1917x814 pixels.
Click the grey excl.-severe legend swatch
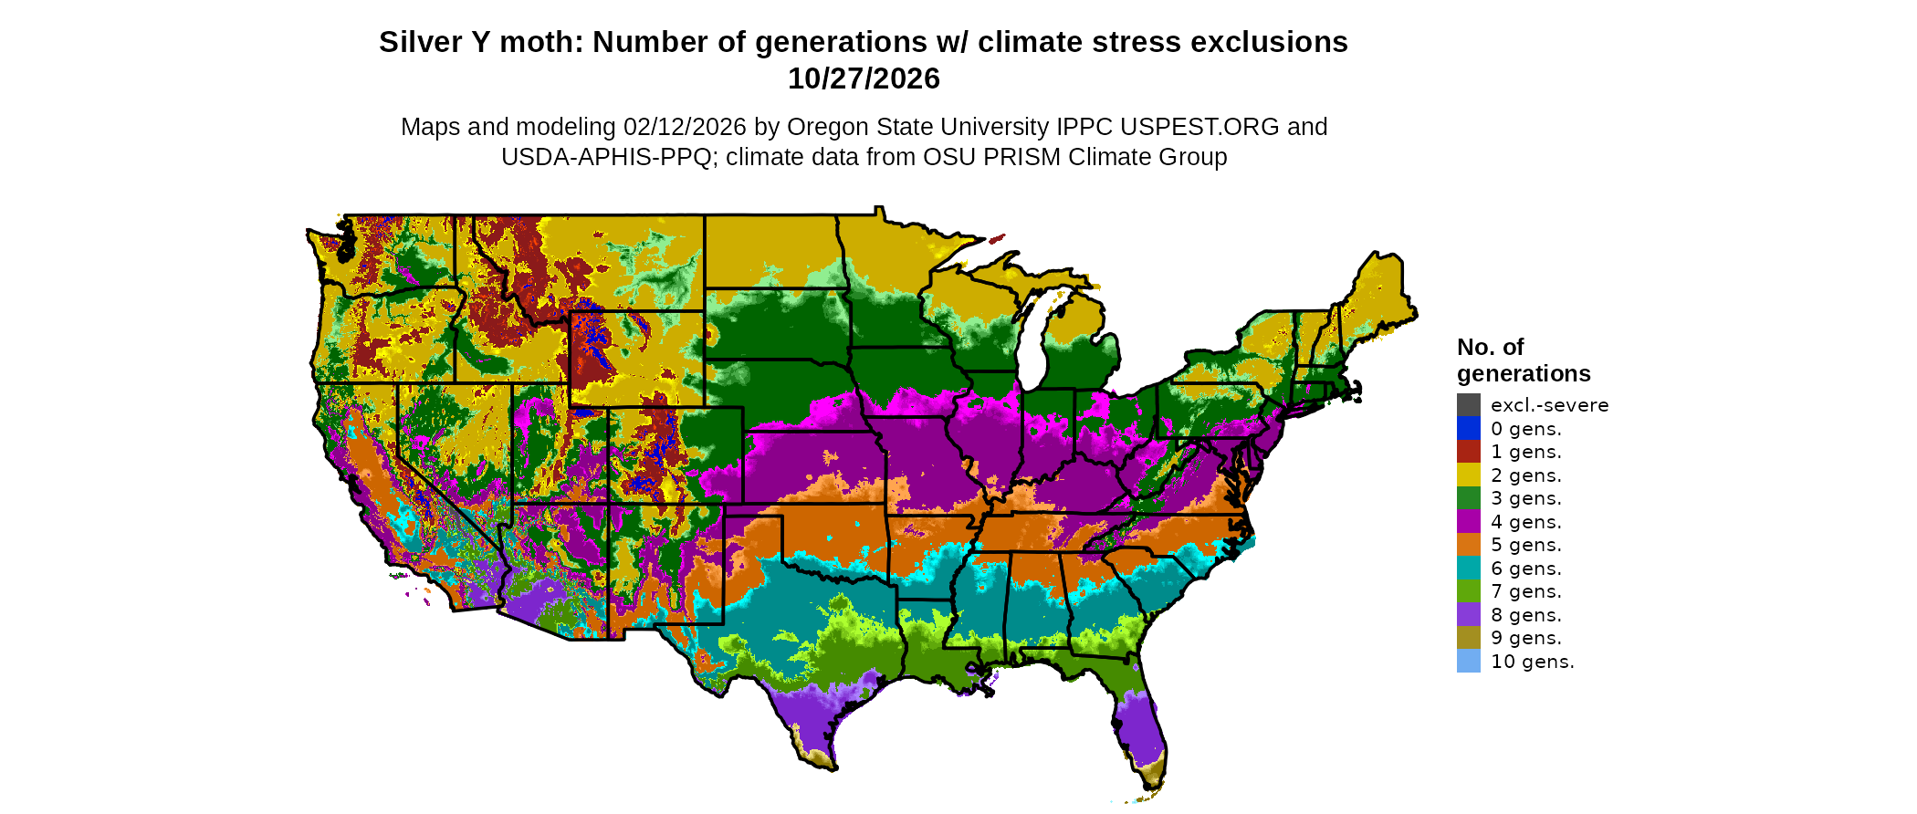[x=1468, y=405]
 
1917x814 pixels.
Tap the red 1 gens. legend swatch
[x=1468, y=452]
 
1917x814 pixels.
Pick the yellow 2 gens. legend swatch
[x=1468, y=475]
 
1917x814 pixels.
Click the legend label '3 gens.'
[x=1525, y=498]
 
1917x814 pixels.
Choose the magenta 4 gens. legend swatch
[x=1468, y=522]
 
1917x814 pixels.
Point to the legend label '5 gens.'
[x=1525, y=545]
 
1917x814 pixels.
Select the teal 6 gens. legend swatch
[x=1468, y=569]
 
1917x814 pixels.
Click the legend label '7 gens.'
[x=1525, y=591]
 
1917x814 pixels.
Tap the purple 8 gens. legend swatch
[x=1468, y=615]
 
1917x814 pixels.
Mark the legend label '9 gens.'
[x=1525, y=638]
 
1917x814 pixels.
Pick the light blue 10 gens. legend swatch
[x=1468, y=662]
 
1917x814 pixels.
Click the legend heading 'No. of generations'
[x=1523, y=360]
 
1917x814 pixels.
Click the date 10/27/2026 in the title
[x=864, y=79]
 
